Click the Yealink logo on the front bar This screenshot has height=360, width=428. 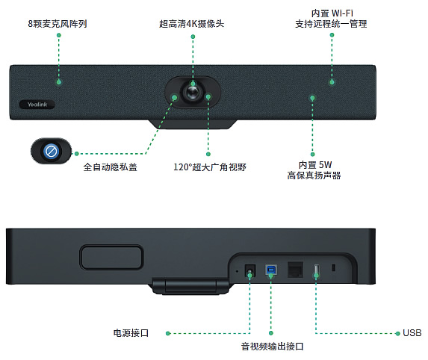click(37, 105)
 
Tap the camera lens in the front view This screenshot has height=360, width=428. click(193, 93)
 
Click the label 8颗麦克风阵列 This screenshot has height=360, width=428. click(58, 24)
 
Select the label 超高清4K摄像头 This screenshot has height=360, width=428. click(192, 24)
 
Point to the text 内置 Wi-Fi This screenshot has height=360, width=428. click(332, 13)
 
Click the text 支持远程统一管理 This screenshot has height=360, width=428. click(331, 24)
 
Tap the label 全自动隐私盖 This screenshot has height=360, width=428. click(110, 167)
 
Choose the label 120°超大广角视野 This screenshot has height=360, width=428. click(210, 167)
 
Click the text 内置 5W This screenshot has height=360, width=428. click(315, 165)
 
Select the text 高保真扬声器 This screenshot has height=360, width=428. click(314, 176)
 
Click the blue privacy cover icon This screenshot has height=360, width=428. click(51, 151)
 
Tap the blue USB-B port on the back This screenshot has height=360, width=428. click(271, 270)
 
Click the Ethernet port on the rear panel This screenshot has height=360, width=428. click(295, 270)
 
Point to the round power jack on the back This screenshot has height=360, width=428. click(249, 271)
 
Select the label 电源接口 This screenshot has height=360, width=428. click(131, 333)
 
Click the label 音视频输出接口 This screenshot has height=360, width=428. click(272, 347)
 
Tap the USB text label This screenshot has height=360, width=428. click(412, 333)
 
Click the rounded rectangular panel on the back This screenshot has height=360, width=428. click(111, 257)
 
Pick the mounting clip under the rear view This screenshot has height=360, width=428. click(190, 286)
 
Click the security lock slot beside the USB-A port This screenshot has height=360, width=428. click(333, 267)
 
